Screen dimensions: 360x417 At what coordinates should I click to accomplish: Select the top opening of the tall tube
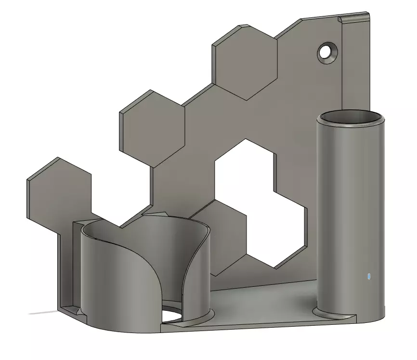click(351, 117)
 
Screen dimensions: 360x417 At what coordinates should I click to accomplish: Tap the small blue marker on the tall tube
click(368, 277)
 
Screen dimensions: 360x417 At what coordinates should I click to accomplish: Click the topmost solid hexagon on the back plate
click(246, 62)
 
